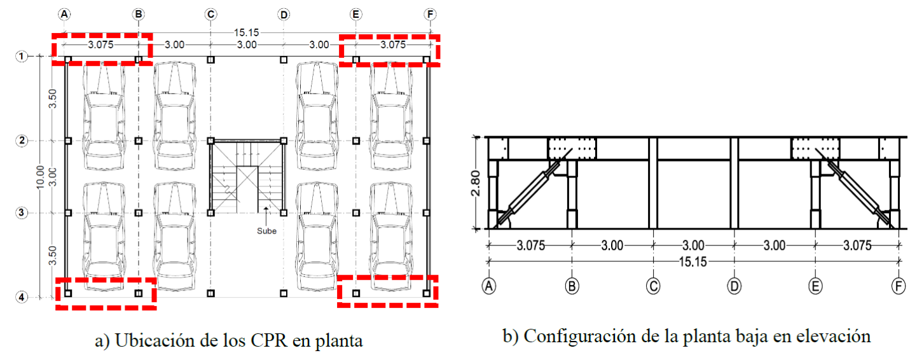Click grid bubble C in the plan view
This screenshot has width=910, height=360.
coord(211,14)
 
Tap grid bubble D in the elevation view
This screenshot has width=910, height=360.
coord(734,287)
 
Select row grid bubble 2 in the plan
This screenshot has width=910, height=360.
coord(21,141)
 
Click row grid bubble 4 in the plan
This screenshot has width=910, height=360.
coord(21,297)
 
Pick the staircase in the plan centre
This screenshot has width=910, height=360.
coord(247,176)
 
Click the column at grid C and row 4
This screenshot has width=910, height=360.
coord(212,293)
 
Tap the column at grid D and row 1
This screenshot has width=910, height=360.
coord(284,60)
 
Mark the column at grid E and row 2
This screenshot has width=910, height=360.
coord(356,141)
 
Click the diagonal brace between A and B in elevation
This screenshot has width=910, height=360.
coord(533,188)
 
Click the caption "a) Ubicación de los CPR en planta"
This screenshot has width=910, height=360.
coord(228,341)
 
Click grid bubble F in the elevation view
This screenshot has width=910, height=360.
coord(898,287)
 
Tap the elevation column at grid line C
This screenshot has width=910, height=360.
coord(653,183)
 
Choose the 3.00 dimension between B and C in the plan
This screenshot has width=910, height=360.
coord(175,45)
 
